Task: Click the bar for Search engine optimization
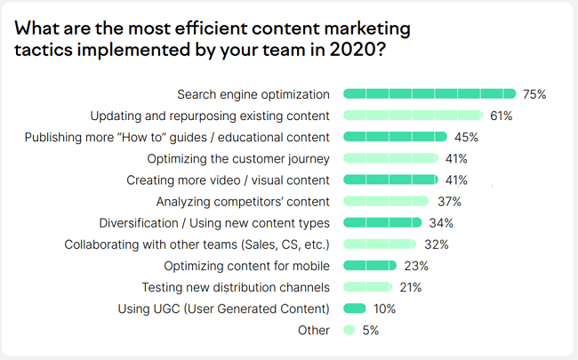click(429, 93)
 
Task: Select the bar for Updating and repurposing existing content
click(413, 115)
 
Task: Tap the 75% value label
click(534, 93)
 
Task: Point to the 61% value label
click(502, 115)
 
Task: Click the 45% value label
click(467, 137)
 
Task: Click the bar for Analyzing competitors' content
click(386, 201)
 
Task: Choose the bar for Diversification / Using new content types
click(382, 222)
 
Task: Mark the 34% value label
click(440, 222)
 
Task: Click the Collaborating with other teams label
click(197, 244)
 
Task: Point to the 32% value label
click(436, 244)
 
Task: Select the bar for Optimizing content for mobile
click(370, 265)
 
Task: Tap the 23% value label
click(416, 265)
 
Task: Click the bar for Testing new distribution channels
click(367, 286)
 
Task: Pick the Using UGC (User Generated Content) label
click(224, 308)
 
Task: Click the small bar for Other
click(349, 330)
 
